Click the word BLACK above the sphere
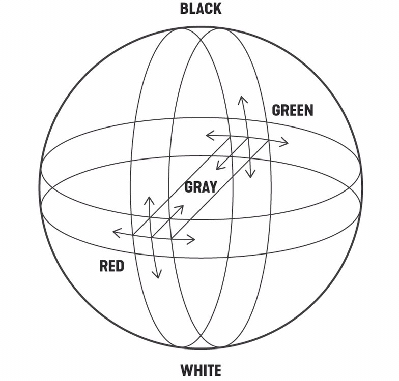click(x=201, y=9)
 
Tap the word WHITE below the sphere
click(x=201, y=370)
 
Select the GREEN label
click(x=292, y=110)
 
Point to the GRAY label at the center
click(x=201, y=187)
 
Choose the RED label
click(x=111, y=266)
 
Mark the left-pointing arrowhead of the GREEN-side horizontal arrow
click(x=208, y=135)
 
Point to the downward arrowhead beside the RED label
click(x=158, y=276)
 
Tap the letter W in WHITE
click(x=185, y=370)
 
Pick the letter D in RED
click(x=120, y=266)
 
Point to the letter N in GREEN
click(x=308, y=110)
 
